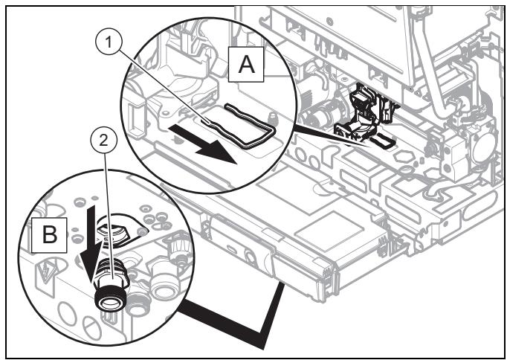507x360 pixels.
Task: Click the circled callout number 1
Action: click(x=109, y=43)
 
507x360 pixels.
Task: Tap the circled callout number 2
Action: click(x=103, y=141)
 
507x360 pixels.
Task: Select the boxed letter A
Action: click(x=246, y=65)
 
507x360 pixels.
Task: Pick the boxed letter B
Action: click(x=50, y=235)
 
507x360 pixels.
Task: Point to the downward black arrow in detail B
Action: click(x=88, y=242)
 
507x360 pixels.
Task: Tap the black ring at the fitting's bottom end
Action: click(x=110, y=300)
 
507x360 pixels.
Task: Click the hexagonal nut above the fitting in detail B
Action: click(x=111, y=232)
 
